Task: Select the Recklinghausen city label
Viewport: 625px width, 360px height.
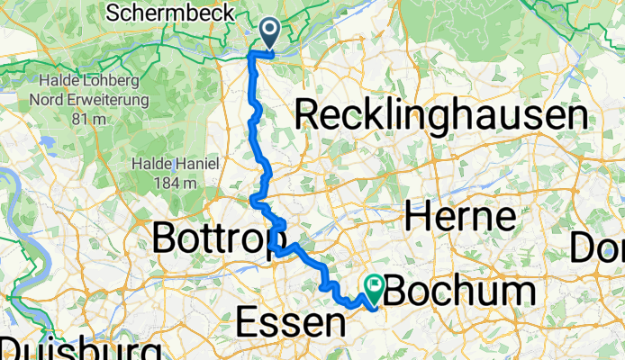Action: pyautogui.click(x=441, y=116)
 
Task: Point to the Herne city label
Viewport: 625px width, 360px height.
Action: pyautogui.click(x=459, y=217)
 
